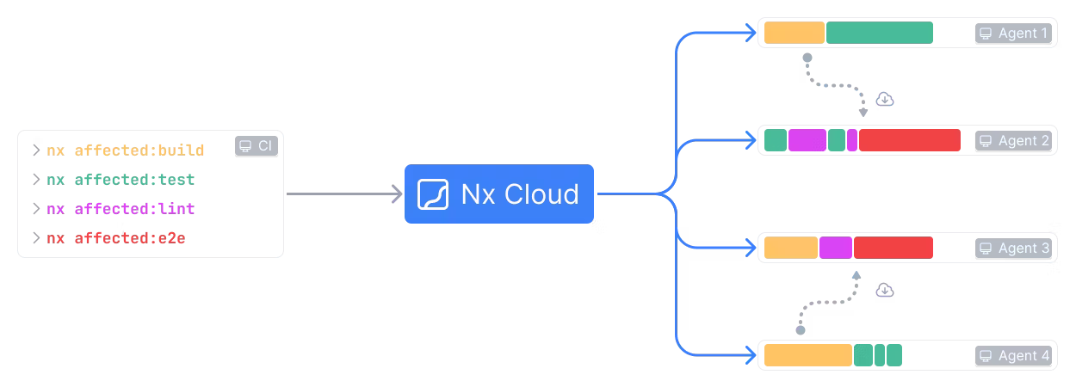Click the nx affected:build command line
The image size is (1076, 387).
126,150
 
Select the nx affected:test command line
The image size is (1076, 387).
121,180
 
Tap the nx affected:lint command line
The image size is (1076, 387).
121,209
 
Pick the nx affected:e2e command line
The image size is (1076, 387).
116,238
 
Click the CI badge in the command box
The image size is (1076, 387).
257,146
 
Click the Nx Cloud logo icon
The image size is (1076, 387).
433,194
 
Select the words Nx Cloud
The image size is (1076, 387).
520,194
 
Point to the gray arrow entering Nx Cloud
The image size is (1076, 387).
344,194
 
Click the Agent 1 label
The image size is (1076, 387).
1015,34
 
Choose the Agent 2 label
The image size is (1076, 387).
1015,141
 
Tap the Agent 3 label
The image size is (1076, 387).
1015,249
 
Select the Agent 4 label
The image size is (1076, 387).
1015,356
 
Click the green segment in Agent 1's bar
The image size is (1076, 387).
879,34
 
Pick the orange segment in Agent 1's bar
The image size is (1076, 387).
794,34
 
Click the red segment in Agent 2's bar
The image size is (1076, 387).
909,141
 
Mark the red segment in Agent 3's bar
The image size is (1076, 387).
893,249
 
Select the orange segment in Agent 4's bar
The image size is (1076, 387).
807,356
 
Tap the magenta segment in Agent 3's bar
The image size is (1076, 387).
835,249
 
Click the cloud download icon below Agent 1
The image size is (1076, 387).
885,100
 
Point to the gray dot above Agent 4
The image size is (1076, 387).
801,329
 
